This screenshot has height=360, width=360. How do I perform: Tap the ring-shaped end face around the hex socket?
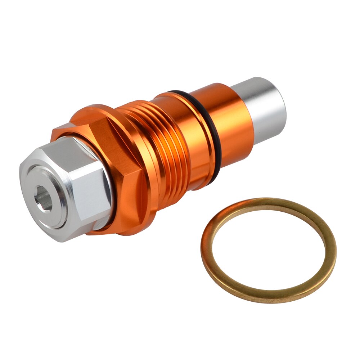tap(54, 212)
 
